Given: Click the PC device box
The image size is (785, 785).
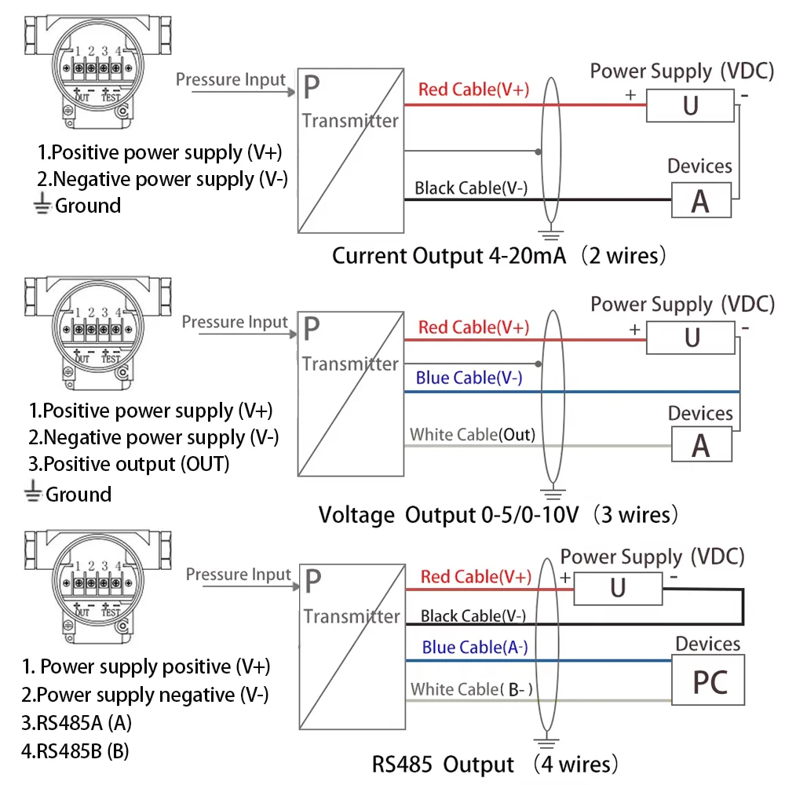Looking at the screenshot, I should click(710, 681).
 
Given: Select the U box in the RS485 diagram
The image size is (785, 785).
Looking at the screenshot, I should click(618, 587).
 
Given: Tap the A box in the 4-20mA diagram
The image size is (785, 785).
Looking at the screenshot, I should click(700, 200).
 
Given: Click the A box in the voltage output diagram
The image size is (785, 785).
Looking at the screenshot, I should click(700, 445).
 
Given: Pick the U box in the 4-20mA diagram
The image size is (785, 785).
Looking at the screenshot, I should click(691, 104).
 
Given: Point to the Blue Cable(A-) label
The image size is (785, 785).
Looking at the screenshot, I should click(474, 648).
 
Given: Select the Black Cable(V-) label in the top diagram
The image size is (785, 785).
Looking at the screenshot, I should click(470, 188).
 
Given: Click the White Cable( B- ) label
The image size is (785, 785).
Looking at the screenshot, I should click(472, 689).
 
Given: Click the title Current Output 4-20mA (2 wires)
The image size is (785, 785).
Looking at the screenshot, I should click(500, 256).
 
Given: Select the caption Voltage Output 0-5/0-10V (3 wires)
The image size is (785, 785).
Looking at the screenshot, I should click(498, 515).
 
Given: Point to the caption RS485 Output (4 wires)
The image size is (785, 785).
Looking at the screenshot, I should click(495, 764).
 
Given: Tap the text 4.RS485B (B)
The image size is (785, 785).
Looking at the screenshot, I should click(75, 750).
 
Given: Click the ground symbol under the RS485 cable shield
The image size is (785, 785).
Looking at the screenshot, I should click(547, 743).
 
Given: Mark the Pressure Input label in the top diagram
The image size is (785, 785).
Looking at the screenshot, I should click(231, 79).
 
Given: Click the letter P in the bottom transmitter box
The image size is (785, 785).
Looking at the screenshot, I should click(313, 582).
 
